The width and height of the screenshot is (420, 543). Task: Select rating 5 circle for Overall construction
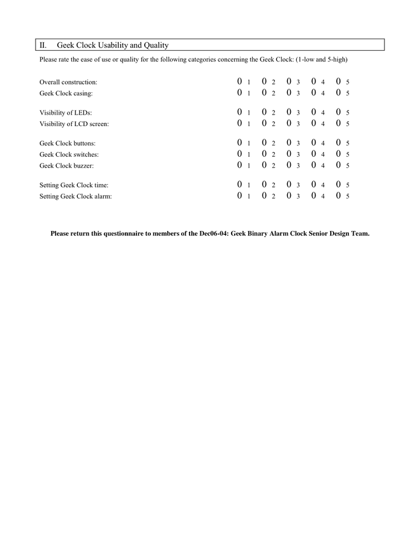[339, 81]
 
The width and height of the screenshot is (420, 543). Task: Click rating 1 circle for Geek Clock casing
[240, 93]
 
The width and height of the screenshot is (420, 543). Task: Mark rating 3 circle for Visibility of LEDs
[289, 112]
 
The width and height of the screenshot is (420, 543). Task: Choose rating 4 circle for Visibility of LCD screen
[314, 124]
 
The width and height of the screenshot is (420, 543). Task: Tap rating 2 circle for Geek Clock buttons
[264, 143]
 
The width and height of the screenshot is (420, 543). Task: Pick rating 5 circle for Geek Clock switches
[339, 154]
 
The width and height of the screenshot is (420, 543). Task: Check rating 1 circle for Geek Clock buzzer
[240, 165]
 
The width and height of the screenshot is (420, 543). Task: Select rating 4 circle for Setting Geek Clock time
[314, 185]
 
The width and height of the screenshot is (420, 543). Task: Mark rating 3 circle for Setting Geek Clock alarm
[289, 196]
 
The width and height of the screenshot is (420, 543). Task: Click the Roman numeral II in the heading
[43, 45]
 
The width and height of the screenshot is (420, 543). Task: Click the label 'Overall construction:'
[68, 82]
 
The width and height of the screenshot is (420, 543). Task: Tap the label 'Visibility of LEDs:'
[66, 113]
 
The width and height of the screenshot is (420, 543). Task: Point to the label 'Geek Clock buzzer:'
[66, 166]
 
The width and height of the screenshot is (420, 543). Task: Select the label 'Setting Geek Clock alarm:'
[75, 197]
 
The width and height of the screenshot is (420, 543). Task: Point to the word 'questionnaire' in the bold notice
[116, 233]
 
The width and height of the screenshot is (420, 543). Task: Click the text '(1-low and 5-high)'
[321, 59]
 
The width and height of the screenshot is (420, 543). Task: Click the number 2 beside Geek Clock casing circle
[273, 94]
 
